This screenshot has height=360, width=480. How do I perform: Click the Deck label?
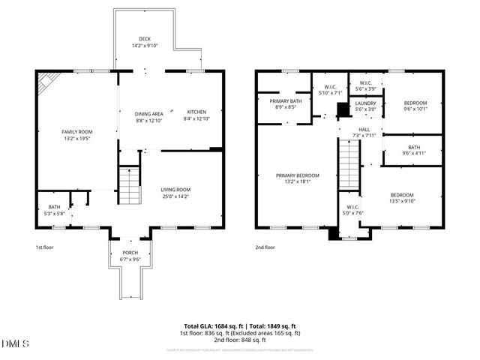145,39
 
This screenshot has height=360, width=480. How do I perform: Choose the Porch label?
130,253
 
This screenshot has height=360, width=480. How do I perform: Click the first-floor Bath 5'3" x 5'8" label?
54,207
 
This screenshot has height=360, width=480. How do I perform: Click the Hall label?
364,129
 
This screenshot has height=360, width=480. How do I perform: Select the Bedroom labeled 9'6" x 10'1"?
415,103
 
